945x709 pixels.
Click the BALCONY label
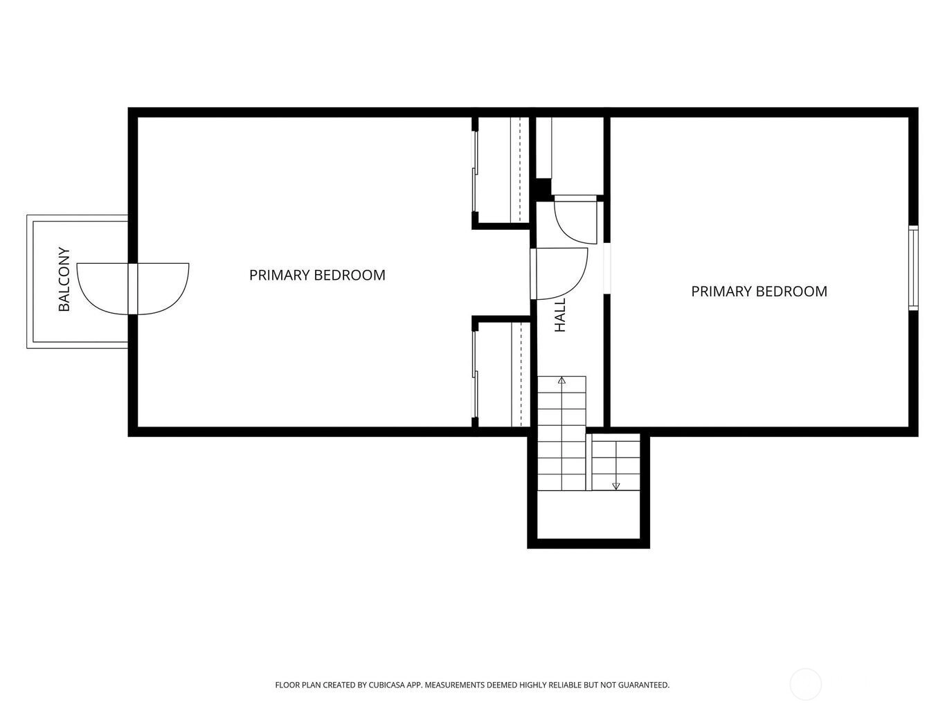click(64, 279)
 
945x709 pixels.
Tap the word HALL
click(559, 315)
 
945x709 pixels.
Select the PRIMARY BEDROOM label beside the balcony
click(317, 275)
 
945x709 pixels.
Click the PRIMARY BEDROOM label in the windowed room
click(759, 291)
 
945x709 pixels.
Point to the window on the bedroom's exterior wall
click(913, 267)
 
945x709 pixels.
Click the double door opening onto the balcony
click(133, 289)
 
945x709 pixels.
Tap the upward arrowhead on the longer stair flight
click(561, 380)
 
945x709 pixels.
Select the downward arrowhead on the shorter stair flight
click(616, 487)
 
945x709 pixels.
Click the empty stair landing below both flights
click(588, 514)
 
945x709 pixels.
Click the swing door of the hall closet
click(575, 219)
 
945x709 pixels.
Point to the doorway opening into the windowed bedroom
click(607, 269)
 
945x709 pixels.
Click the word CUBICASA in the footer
click(387, 685)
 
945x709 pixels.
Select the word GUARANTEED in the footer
click(644, 685)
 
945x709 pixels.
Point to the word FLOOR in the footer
click(286, 685)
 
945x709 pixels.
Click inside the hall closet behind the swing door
click(577, 155)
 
